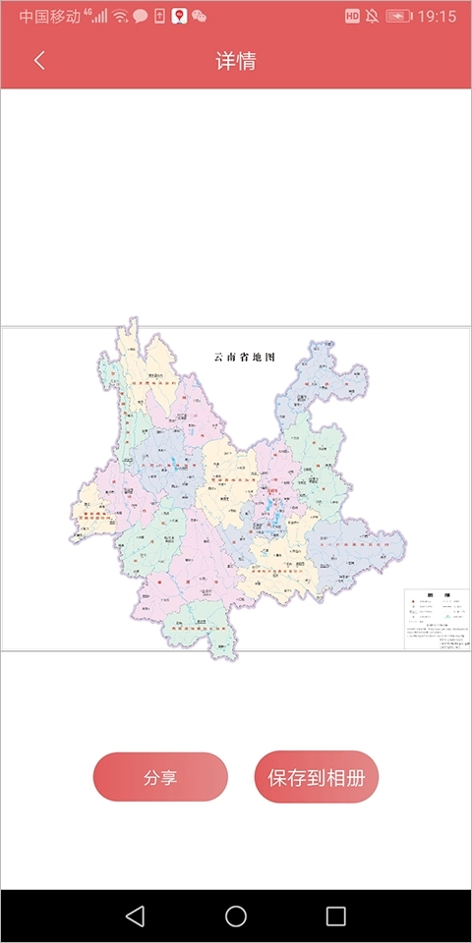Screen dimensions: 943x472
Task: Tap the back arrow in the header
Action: (39, 60)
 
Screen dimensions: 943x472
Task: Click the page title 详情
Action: (236, 60)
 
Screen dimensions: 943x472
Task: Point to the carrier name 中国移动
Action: (50, 17)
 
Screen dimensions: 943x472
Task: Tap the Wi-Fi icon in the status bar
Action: (120, 17)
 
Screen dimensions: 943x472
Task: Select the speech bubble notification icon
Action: (141, 17)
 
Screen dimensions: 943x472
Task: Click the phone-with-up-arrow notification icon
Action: (160, 17)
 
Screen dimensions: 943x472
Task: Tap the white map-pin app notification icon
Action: (179, 17)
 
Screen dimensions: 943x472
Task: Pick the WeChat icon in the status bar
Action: (200, 17)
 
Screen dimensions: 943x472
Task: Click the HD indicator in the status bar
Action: (352, 17)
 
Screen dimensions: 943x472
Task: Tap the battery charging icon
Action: (399, 17)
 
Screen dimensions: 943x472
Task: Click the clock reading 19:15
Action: (438, 17)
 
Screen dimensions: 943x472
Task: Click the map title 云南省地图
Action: (244, 357)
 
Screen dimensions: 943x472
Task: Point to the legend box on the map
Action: (437, 618)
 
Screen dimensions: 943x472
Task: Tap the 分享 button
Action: (160, 777)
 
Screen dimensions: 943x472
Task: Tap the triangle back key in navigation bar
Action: (136, 916)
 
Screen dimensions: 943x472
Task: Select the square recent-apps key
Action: (336, 916)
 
